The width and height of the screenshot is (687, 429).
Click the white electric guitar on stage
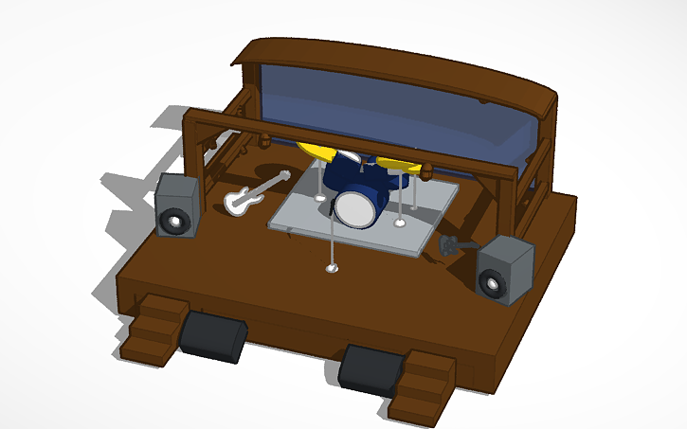pyautogui.click(x=253, y=192)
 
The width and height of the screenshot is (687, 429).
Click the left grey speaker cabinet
pyautogui.click(x=178, y=205)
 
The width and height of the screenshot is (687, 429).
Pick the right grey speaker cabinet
pyautogui.click(x=503, y=271)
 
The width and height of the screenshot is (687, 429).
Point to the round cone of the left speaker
pyautogui.click(x=175, y=222)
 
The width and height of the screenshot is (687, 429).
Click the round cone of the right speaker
pyautogui.click(x=492, y=283)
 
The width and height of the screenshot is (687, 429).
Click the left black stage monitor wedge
pyautogui.click(x=213, y=336)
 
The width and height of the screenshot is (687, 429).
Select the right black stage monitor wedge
pyautogui.click(x=371, y=368)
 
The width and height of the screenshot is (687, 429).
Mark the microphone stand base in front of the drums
pyautogui.click(x=332, y=269)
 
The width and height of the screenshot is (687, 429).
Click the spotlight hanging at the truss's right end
pyautogui.click(x=427, y=171)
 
